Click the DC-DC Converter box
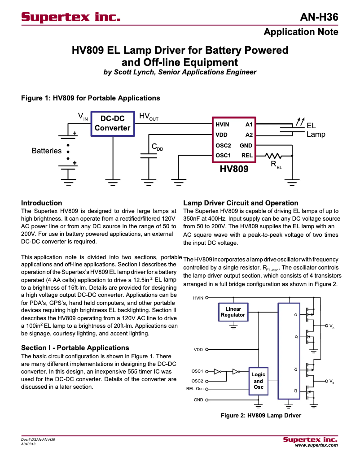point(112,123)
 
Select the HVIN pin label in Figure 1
point(222,124)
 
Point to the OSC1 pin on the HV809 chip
point(223,156)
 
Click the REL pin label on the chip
point(247,156)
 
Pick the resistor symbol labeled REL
point(273,156)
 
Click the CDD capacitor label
point(157,147)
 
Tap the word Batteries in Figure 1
point(46,151)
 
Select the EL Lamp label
point(315,130)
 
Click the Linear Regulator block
point(233,312)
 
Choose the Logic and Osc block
point(258,380)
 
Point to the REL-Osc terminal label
point(194,389)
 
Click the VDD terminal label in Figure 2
point(198,349)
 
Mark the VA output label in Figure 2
point(331,326)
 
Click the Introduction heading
point(42,203)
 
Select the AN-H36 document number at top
point(319,17)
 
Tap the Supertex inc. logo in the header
point(71,17)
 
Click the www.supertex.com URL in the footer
point(316,445)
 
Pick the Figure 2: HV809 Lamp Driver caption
point(261,415)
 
